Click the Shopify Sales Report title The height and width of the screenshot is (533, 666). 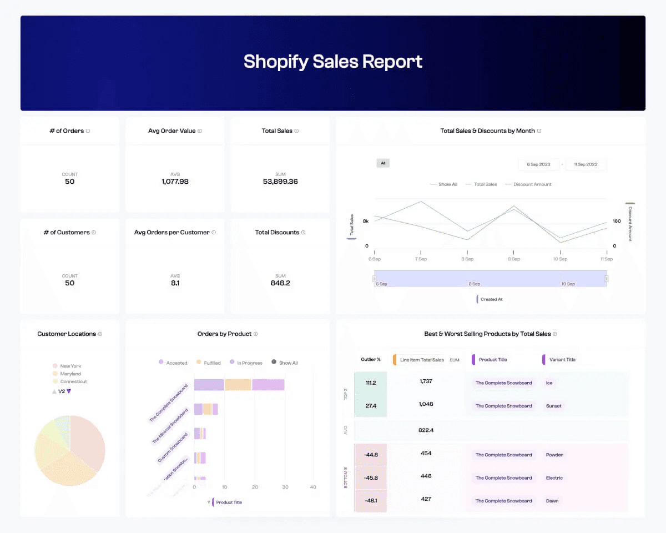(333, 61)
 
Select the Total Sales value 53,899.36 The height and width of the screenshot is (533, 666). (280, 182)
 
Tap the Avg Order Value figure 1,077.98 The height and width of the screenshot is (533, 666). (175, 182)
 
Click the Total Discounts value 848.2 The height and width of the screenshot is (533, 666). (280, 283)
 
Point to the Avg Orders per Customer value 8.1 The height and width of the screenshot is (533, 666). (175, 283)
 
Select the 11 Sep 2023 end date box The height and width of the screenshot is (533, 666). (586, 164)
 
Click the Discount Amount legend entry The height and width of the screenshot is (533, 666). (532, 184)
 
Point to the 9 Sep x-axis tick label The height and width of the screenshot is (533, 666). (514, 259)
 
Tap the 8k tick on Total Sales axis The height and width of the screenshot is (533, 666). (365, 221)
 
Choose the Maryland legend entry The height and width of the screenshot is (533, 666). (70, 374)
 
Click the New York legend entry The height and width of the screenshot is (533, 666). (70, 366)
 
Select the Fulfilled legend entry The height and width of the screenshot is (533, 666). (212, 363)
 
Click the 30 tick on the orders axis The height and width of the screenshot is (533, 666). (284, 487)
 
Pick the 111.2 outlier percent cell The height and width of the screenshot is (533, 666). (371, 383)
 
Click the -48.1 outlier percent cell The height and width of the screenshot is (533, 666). (371, 500)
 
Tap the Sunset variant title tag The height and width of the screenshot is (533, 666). (553, 406)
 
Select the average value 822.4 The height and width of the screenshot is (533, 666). (426, 430)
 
